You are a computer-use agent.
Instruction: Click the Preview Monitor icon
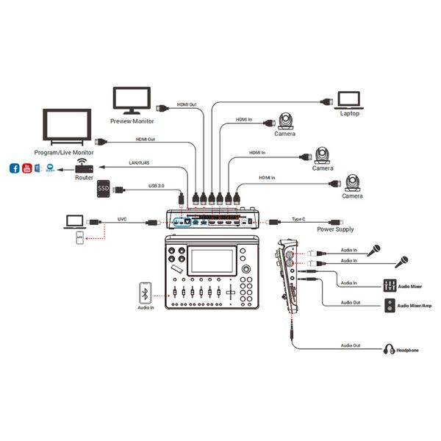(x=132, y=99)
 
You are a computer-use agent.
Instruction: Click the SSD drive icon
(x=105, y=190)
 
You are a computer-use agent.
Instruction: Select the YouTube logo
(x=27, y=168)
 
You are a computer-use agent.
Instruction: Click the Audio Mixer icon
(x=390, y=284)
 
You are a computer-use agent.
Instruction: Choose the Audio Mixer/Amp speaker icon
(x=390, y=305)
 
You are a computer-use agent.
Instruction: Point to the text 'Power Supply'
(x=336, y=229)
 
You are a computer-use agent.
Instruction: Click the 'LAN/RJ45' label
(x=142, y=163)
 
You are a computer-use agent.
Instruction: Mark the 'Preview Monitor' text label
(x=132, y=121)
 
